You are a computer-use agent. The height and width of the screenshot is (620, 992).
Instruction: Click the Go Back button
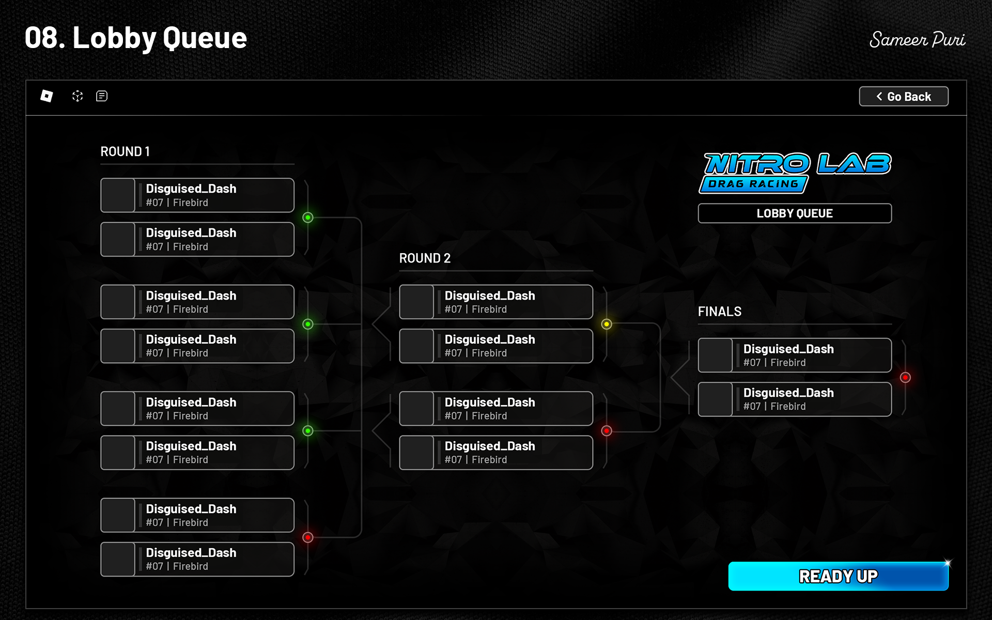tap(903, 97)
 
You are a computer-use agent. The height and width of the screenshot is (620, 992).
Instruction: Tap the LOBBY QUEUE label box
tap(794, 213)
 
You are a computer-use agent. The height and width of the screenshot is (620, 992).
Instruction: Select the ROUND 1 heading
tap(125, 152)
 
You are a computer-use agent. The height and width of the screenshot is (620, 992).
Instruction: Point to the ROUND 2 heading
tap(425, 258)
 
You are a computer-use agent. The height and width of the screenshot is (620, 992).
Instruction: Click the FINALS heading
tap(719, 312)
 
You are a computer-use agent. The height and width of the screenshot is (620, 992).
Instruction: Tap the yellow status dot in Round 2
tap(607, 324)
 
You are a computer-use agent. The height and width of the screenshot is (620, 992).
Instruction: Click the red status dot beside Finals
tap(905, 378)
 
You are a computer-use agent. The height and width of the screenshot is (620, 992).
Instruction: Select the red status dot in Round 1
tap(308, 537)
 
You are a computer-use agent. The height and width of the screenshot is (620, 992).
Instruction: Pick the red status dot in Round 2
tap(607, 431)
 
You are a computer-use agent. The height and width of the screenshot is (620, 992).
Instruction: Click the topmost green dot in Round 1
tap(308, 218)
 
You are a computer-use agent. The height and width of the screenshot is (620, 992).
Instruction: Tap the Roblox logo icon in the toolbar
tap(47, 96)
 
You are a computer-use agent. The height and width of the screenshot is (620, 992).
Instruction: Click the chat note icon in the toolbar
tap(102, 96)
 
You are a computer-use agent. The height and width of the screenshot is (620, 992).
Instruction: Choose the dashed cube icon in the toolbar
tap(78, 96)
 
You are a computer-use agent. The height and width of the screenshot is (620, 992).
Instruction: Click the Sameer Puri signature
tap(917, 40)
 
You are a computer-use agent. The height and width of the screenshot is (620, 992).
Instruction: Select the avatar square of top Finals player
tap(715, 355)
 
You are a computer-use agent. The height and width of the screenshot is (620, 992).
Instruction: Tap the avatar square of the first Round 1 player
tap(118, 195)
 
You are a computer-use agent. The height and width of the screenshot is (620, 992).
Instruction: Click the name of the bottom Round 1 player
tap(191, 553)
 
